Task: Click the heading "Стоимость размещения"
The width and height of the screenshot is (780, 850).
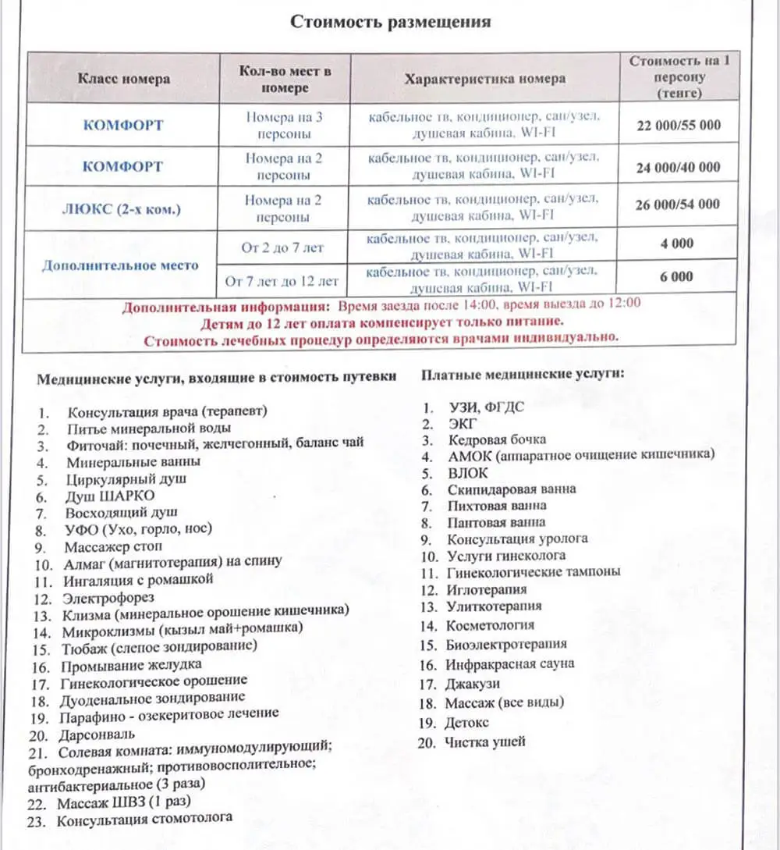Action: [390, 21]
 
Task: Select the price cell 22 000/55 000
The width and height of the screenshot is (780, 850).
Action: [678, 125]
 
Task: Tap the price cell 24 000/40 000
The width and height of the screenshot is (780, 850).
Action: [678, 167]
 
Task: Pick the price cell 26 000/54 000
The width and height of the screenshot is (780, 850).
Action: [678, 204]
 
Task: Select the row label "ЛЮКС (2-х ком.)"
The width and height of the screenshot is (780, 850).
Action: [123, 208]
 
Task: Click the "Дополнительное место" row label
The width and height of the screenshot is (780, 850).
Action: [120, 265]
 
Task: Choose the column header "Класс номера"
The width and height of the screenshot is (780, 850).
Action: [123, 79]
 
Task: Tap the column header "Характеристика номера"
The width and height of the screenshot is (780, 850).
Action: [484, 79]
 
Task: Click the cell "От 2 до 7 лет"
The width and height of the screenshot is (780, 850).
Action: [283, 247]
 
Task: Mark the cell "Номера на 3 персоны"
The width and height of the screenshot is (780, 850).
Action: [284, 126]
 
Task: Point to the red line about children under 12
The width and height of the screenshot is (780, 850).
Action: [382, 321]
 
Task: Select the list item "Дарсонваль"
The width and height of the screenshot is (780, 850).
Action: [96, 734]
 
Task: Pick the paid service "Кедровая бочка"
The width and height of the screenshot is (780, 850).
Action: [497, 439]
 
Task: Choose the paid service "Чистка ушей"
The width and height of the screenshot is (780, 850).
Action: [484, 742]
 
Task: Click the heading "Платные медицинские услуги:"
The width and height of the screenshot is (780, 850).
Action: [523, 375]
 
